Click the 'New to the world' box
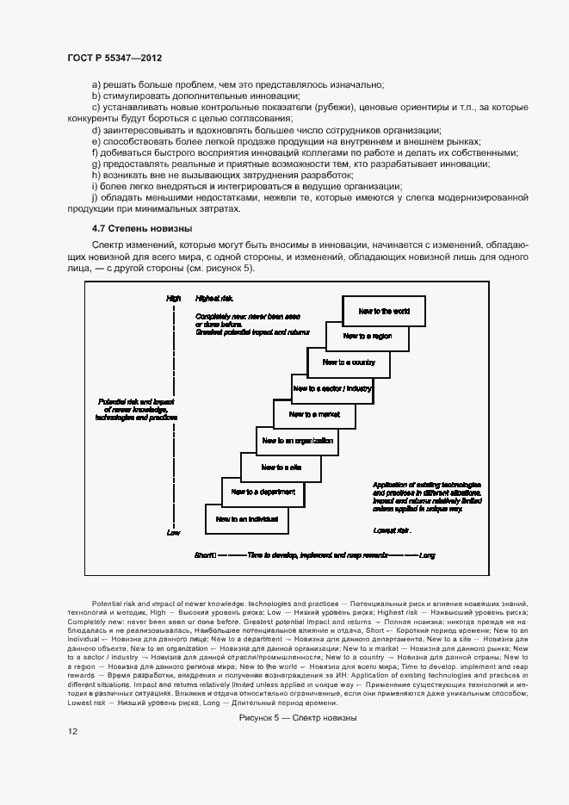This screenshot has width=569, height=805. click(x=384, y=311)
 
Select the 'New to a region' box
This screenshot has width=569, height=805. click(x=367, y=336)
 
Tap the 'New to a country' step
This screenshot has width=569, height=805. click(x=349, y=362)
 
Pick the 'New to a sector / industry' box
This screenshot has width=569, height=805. click(x=332, y=388)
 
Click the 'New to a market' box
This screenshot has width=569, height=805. click(x=315, y=414)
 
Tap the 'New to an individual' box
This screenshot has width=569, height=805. click(x=246, y=518)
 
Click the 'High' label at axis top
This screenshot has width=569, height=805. click(x=173, y=298)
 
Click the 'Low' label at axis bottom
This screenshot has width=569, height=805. click(x=173, y=533)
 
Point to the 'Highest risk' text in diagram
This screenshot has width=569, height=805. click(x=214, y=298)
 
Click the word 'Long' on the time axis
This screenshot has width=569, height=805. click(x=426, y=556)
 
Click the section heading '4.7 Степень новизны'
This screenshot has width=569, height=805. click(x=141, y=228)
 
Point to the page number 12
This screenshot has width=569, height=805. click(x=73, y=731)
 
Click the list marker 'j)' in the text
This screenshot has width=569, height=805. click(x=96, y=197)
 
